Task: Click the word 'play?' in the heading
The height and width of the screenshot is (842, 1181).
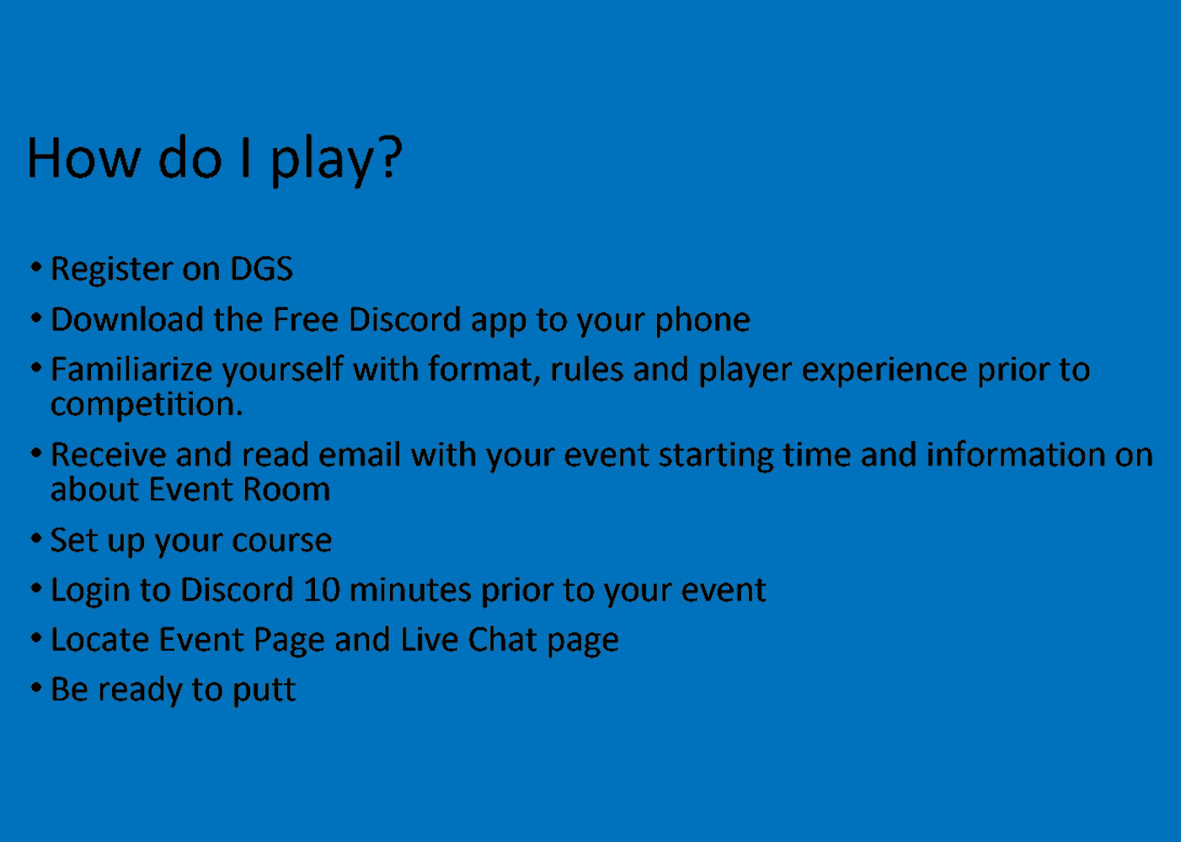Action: tap(336, 161)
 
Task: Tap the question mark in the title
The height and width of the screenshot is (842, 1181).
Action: tap(392, 157)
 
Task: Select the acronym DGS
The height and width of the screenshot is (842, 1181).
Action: tap(261, 269)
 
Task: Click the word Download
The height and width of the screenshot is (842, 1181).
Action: tap(127, 319)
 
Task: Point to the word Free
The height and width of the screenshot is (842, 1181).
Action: tap(306, 319)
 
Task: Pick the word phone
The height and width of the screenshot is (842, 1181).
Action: tap(703, 322)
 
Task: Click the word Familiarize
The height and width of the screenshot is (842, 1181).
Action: tap(131, 370)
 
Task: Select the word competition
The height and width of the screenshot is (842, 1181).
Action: tap(147, 406)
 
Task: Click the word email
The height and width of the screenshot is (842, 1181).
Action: tap(360, 455)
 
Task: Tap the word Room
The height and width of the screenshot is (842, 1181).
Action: tap(286, 489)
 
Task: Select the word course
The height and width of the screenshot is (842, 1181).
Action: tap(281, 541)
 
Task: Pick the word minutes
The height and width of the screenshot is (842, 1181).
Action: tap(410, 589)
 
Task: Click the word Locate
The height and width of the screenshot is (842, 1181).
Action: tap(100, 640)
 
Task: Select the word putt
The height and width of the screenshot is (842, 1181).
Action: tap(265, 691)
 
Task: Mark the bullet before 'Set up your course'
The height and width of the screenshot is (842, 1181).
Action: tap(36, 539)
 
